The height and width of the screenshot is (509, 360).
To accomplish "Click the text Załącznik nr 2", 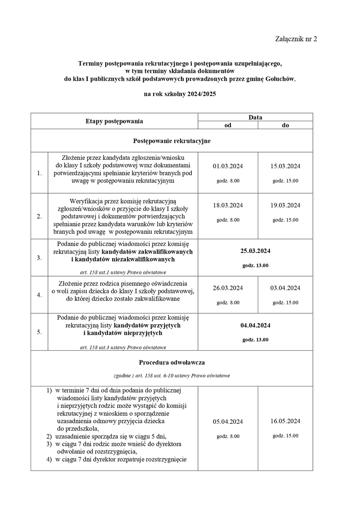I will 296,39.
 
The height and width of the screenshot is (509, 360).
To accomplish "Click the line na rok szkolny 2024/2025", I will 180,94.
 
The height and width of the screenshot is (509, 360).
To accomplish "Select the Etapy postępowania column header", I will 114,121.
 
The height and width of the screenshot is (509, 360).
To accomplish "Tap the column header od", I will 228,125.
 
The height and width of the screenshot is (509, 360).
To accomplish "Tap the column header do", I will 286,125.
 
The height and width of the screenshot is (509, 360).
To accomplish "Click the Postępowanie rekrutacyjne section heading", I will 172,141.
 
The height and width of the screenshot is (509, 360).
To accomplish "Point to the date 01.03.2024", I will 228,166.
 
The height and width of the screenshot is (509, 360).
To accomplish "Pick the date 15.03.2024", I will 286,166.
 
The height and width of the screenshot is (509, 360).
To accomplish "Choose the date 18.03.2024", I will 228,205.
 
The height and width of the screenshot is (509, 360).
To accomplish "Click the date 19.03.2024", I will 286,205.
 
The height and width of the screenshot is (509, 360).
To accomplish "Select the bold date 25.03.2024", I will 255,251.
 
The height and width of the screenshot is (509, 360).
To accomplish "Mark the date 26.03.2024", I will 228,288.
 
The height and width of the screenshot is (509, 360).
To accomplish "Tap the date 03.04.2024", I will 286,288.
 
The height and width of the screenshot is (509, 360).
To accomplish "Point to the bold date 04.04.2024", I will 255,326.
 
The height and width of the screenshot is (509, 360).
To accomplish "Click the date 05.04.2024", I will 228,422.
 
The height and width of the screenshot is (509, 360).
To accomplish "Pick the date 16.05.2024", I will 286,421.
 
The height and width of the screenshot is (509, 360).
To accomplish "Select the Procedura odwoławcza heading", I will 172,362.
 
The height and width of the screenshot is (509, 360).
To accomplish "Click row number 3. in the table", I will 39,258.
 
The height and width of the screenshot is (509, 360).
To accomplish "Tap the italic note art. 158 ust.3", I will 123,347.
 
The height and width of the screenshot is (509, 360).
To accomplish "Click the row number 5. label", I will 39,332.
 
